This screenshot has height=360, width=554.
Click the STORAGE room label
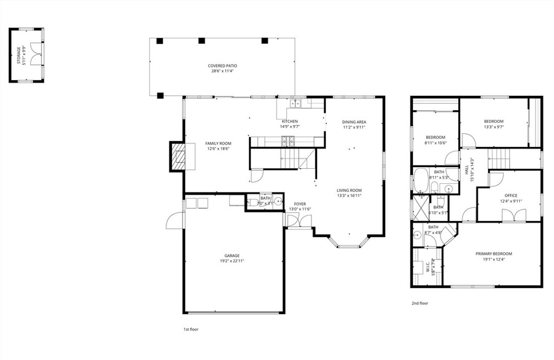click(18, 56)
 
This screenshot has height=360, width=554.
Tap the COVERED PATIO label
click(222, 66)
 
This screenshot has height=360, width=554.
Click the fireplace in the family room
click(177, 156)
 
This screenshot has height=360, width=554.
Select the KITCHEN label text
click(289, 121)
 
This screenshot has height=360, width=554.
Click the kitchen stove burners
click(289, 142)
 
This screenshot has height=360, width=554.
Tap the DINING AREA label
click(354, 122)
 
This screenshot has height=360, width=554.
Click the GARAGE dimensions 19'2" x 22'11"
click(232, 261)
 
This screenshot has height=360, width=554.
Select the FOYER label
click(300, 204)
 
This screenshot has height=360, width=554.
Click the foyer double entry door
click(299, 220)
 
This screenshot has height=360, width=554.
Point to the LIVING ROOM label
click(349, 190)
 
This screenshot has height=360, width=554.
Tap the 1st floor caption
click(190, 329)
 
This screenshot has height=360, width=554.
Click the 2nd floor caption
click(420, 303)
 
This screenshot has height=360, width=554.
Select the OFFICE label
click(511, 196)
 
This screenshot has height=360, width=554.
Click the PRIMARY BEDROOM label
click(493, 254)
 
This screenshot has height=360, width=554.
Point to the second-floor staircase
click(499, 159)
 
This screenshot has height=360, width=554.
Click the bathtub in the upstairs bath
click(421, 181)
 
